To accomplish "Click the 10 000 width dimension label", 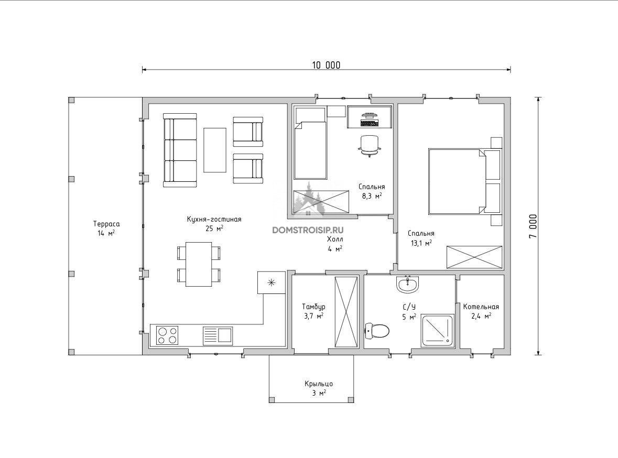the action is point(326,65).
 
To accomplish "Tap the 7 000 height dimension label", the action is point(533,226).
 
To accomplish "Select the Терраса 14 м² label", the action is point(106,228).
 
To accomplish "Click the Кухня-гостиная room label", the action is point(214,219).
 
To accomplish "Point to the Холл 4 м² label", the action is point(334,244).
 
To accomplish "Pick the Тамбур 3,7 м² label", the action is point(314,311).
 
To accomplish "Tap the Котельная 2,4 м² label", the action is point(481,311).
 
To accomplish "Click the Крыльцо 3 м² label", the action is point(319,388).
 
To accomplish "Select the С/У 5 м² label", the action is point(409,311).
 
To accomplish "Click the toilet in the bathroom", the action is point(377,331).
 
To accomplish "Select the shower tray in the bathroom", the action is point(438,331).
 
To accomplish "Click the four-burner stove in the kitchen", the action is point(167,335).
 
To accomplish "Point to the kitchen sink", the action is point(218,335).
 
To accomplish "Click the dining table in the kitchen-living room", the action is point(199,264).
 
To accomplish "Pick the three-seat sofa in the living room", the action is point(180,150).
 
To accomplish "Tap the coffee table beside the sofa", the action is point(215,150).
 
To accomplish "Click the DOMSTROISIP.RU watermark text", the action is point(308,230).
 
